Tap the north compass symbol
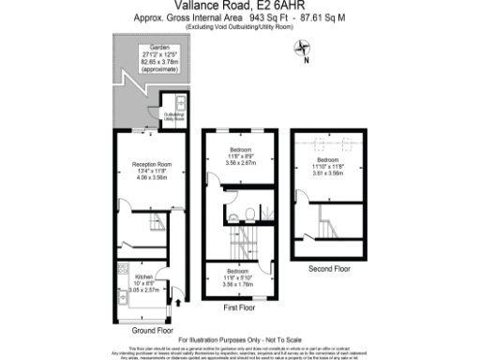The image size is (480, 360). tap(303, 51)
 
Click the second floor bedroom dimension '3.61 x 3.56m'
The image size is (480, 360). tap(329, 174)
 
